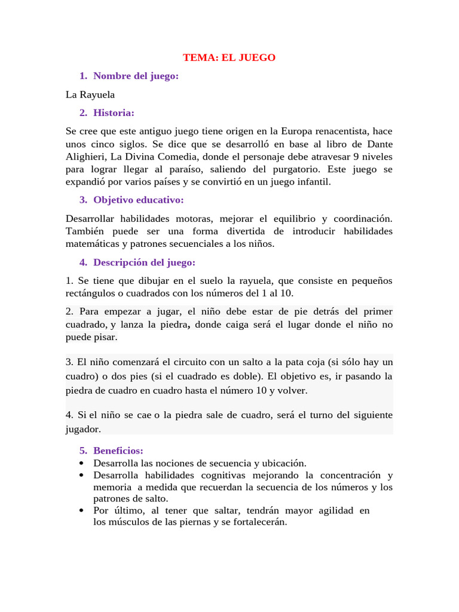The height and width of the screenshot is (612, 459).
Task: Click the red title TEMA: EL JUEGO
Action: pyautogui.click(x=229, y=57)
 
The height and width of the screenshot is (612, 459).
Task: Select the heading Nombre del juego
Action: pyautogui.click(x=136, y=76)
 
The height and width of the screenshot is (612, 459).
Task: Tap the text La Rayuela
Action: pyautogui.click(x=90, y=94)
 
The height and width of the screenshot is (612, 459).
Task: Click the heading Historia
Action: pyautogui.click(x=114, y=112)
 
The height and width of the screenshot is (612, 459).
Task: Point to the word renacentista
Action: pyautogui.click(x=341, y=131)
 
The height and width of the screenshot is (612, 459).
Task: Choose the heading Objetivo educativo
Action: pyautogui.click(x=138, y=200)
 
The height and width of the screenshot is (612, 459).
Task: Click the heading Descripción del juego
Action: pyautogui.click(x=144, y=262)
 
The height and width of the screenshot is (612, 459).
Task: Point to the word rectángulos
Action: pyautogui.click(x=90, y=293)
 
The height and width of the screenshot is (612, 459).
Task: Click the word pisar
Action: pyautogui.click(x=104, y=337)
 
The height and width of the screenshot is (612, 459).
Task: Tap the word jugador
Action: pyautogui.click(x=83, y=429)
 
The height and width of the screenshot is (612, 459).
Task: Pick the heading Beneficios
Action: pyautogui.click(x=118, y=451)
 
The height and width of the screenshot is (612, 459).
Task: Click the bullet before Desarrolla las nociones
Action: pyautogui.click(x=81, y=463)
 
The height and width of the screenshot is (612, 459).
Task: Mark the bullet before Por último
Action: pyautogui.click(x=81, y=510)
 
